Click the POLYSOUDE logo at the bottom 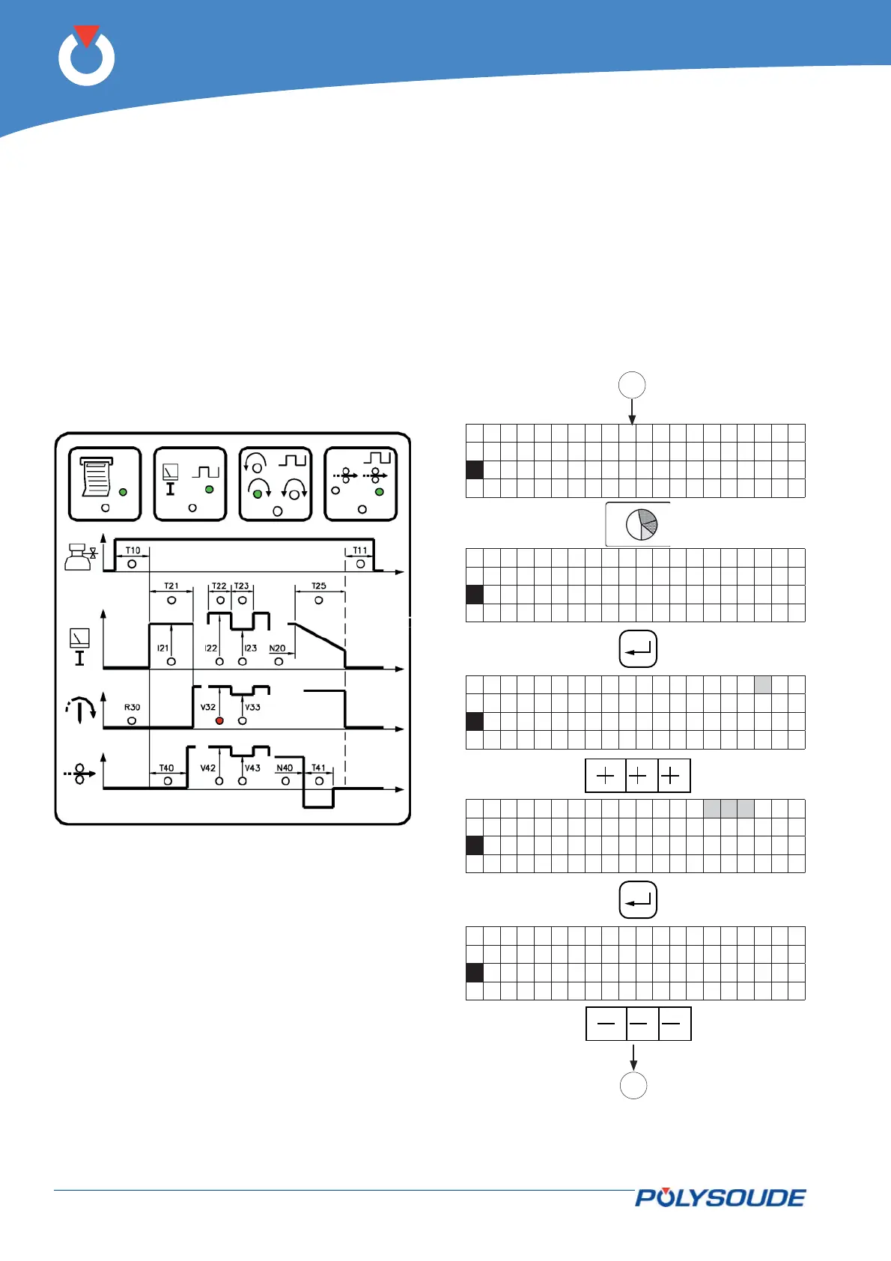tap(720, 1197)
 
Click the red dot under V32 tap(219, 720)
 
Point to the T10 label tap(133, 550)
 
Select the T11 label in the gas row tap(360, 550)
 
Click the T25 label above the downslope tap(319, 586)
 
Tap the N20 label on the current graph tap(277, 648)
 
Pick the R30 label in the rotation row tap(132, 707)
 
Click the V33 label tap(252, 707)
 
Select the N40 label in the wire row tap(285, 768)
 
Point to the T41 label tap(319, 768)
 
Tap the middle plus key tap(638, 777)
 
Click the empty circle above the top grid tap(632, 385)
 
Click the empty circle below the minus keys tap(633, 1085)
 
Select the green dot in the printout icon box tap(123, 492)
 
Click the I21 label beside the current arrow tap(162, 648)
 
